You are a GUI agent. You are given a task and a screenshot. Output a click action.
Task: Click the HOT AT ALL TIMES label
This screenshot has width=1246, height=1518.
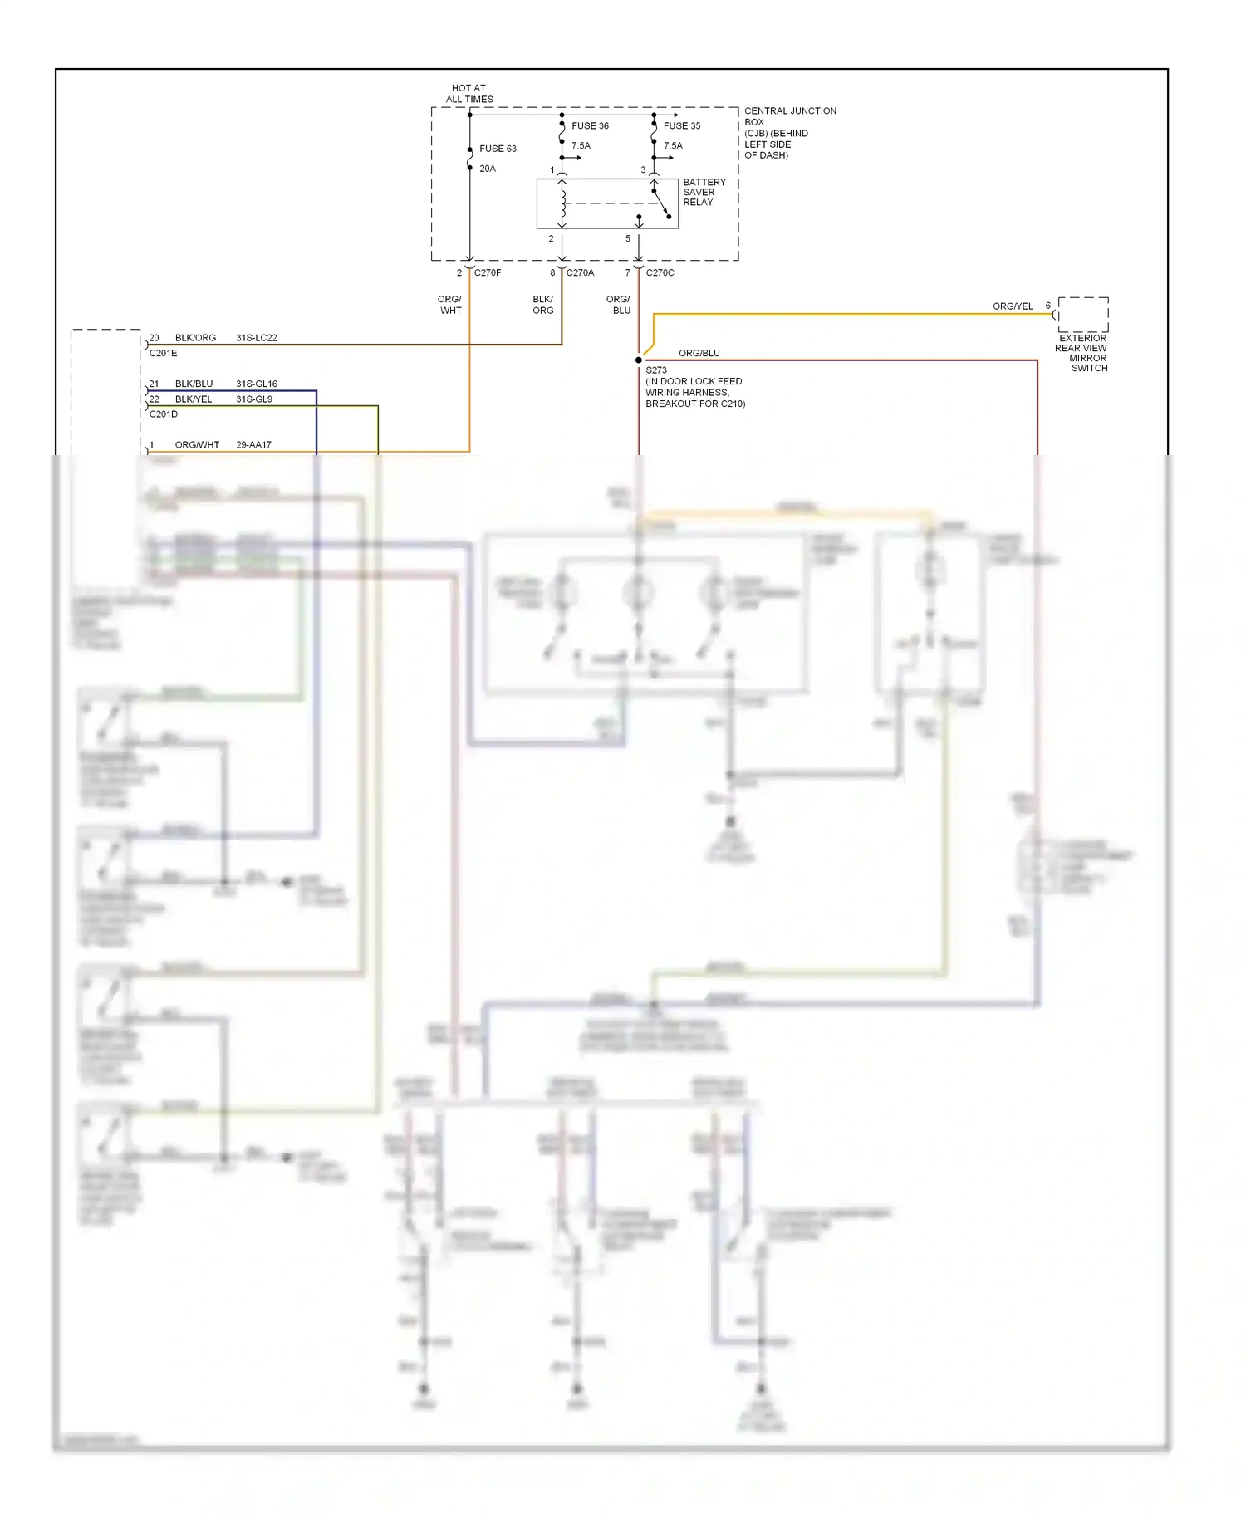pyautogui.click(x=469, y=93)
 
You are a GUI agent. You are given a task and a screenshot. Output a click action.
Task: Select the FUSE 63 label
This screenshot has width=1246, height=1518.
pyautogui.click(x=498, y=149)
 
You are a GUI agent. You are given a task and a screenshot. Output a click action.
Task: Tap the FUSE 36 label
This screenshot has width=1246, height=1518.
pyautogui.click(x=590, y=126)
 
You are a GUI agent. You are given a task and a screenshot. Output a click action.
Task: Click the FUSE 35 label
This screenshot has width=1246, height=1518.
pyautogui.click(x=682, y=126)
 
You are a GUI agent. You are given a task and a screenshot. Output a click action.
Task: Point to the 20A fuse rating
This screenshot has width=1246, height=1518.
pyautogui.click(x=488, y=169)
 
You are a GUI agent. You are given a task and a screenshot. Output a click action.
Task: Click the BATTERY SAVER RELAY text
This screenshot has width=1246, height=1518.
pyautogui.click(x=704, y=192)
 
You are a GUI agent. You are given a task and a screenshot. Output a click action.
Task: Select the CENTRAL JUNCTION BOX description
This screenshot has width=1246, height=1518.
pyautogui.click(x=789, y=133)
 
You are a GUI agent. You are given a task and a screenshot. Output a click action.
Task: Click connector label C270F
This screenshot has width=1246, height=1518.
pyautogui.click(x=488, y=272)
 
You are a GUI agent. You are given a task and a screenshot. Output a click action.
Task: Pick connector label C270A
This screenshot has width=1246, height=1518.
pyautogui.click(x=580, y=272)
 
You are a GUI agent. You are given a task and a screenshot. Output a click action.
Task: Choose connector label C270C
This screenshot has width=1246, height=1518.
pyautogui.click(x=660, y=272)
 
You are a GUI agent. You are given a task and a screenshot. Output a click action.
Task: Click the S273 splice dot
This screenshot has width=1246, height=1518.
pyautogui.click(x=639, y=360)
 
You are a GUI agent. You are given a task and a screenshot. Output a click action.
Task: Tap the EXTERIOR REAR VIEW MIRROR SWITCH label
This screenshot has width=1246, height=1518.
pyautogui.click(x=1082, y=353)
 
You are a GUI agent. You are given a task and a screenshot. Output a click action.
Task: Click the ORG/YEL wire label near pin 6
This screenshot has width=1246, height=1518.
pyautogui.click(x=1013, y=306)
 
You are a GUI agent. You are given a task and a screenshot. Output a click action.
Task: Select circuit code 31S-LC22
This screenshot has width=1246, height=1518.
pyautogui.click(x=257, y=338)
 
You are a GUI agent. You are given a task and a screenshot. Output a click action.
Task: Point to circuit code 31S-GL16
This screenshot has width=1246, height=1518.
pyautogui.click(x=257, y=384)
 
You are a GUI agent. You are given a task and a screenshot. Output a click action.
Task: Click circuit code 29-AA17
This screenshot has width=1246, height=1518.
pyautogui.click(x=253, y=445)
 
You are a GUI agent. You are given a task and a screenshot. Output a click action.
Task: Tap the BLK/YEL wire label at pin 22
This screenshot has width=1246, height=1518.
pyautogui.click(x=194, y=399)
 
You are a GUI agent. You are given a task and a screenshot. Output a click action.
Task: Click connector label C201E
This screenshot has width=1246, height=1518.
pyautogui.click(x=163, y=353)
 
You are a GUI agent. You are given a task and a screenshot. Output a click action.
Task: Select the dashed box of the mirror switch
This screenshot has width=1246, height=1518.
pyautogui.click(x=1082, y=315)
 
